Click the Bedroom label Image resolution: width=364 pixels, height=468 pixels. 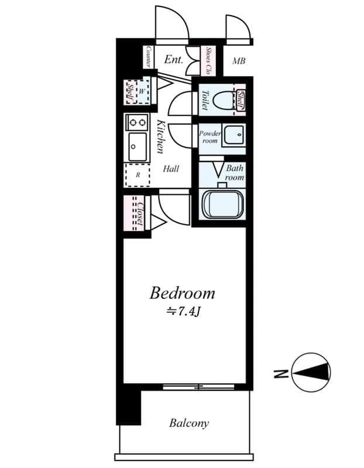tap(182, 292)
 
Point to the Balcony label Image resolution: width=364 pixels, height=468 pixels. tap(189, 423)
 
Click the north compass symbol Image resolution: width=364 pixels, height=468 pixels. tap(311, 372)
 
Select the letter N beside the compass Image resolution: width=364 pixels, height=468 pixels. tap(281, 373)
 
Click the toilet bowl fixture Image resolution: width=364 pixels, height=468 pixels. tap(222, 100)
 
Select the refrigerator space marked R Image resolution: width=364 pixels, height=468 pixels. tap(138, 174)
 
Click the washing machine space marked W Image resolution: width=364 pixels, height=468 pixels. tap(142, 91)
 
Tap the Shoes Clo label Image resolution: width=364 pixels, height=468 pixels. tap(208, 60)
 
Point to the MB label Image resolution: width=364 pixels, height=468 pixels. tap(239, 61)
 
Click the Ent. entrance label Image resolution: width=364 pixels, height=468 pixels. tap(174, 60)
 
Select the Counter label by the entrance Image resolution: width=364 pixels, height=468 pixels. tap(149, 57)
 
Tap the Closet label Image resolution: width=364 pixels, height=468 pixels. tap(139, 214)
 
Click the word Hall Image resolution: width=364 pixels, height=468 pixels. tap(171, 169)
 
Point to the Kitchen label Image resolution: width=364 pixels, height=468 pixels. tap(161, 137)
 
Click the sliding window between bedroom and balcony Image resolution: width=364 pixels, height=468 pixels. tap(198, 387)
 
